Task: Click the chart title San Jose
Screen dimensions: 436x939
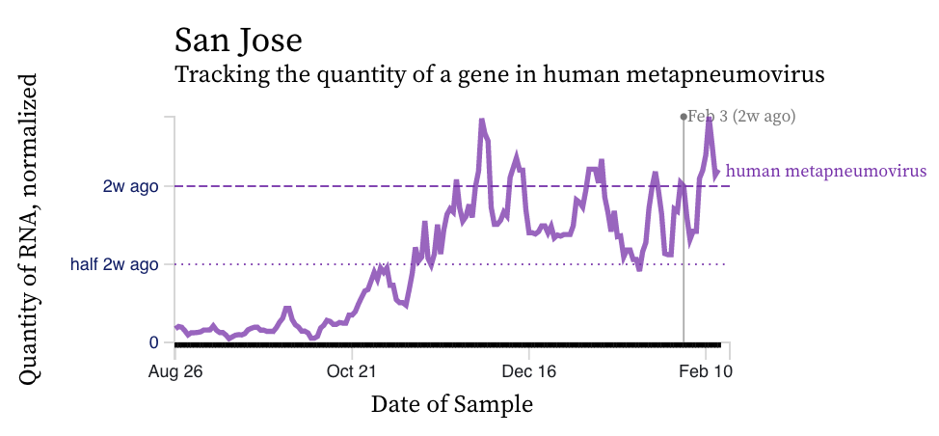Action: click(x=238, y=41)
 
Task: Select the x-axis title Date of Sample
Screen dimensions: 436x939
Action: click(x=451, y=404)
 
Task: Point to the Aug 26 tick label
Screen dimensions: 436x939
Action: click(x=174, y=370)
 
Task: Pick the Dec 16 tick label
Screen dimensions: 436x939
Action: click(x=530, y=370)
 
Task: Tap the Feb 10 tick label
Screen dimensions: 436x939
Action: click(x=708, y=370)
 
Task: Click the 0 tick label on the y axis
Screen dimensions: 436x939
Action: click(x=154, y=342)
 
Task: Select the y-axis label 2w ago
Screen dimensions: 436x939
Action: click(x=130, y=185)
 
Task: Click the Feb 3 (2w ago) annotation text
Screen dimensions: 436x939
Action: click(x=741, y=117)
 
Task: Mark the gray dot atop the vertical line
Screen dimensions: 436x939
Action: click(x=684, y=117)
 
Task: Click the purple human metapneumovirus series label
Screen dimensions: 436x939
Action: click(x=825, y=171)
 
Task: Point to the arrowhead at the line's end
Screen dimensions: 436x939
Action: click(x=716, y=173)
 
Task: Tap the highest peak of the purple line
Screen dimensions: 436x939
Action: click(x=710, y=119)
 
